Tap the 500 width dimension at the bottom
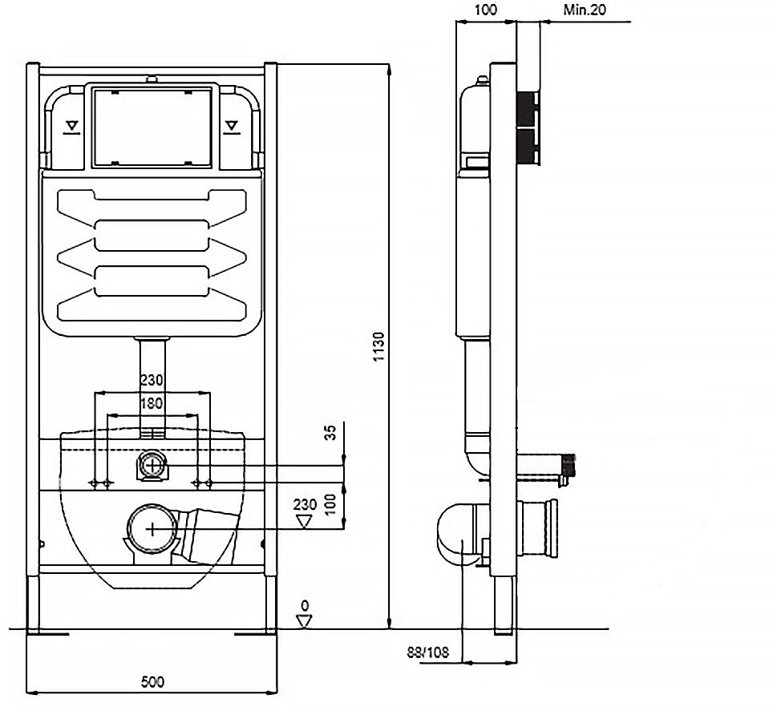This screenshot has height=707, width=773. point(152,682)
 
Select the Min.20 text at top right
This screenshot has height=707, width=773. point(583,10)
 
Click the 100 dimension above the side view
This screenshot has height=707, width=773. point(485,10)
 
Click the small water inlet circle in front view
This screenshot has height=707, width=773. point(152,465)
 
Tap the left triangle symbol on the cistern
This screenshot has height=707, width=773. point(72,126)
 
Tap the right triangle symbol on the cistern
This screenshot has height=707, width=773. point(233,126)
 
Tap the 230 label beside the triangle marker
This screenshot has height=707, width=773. point(304,506)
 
